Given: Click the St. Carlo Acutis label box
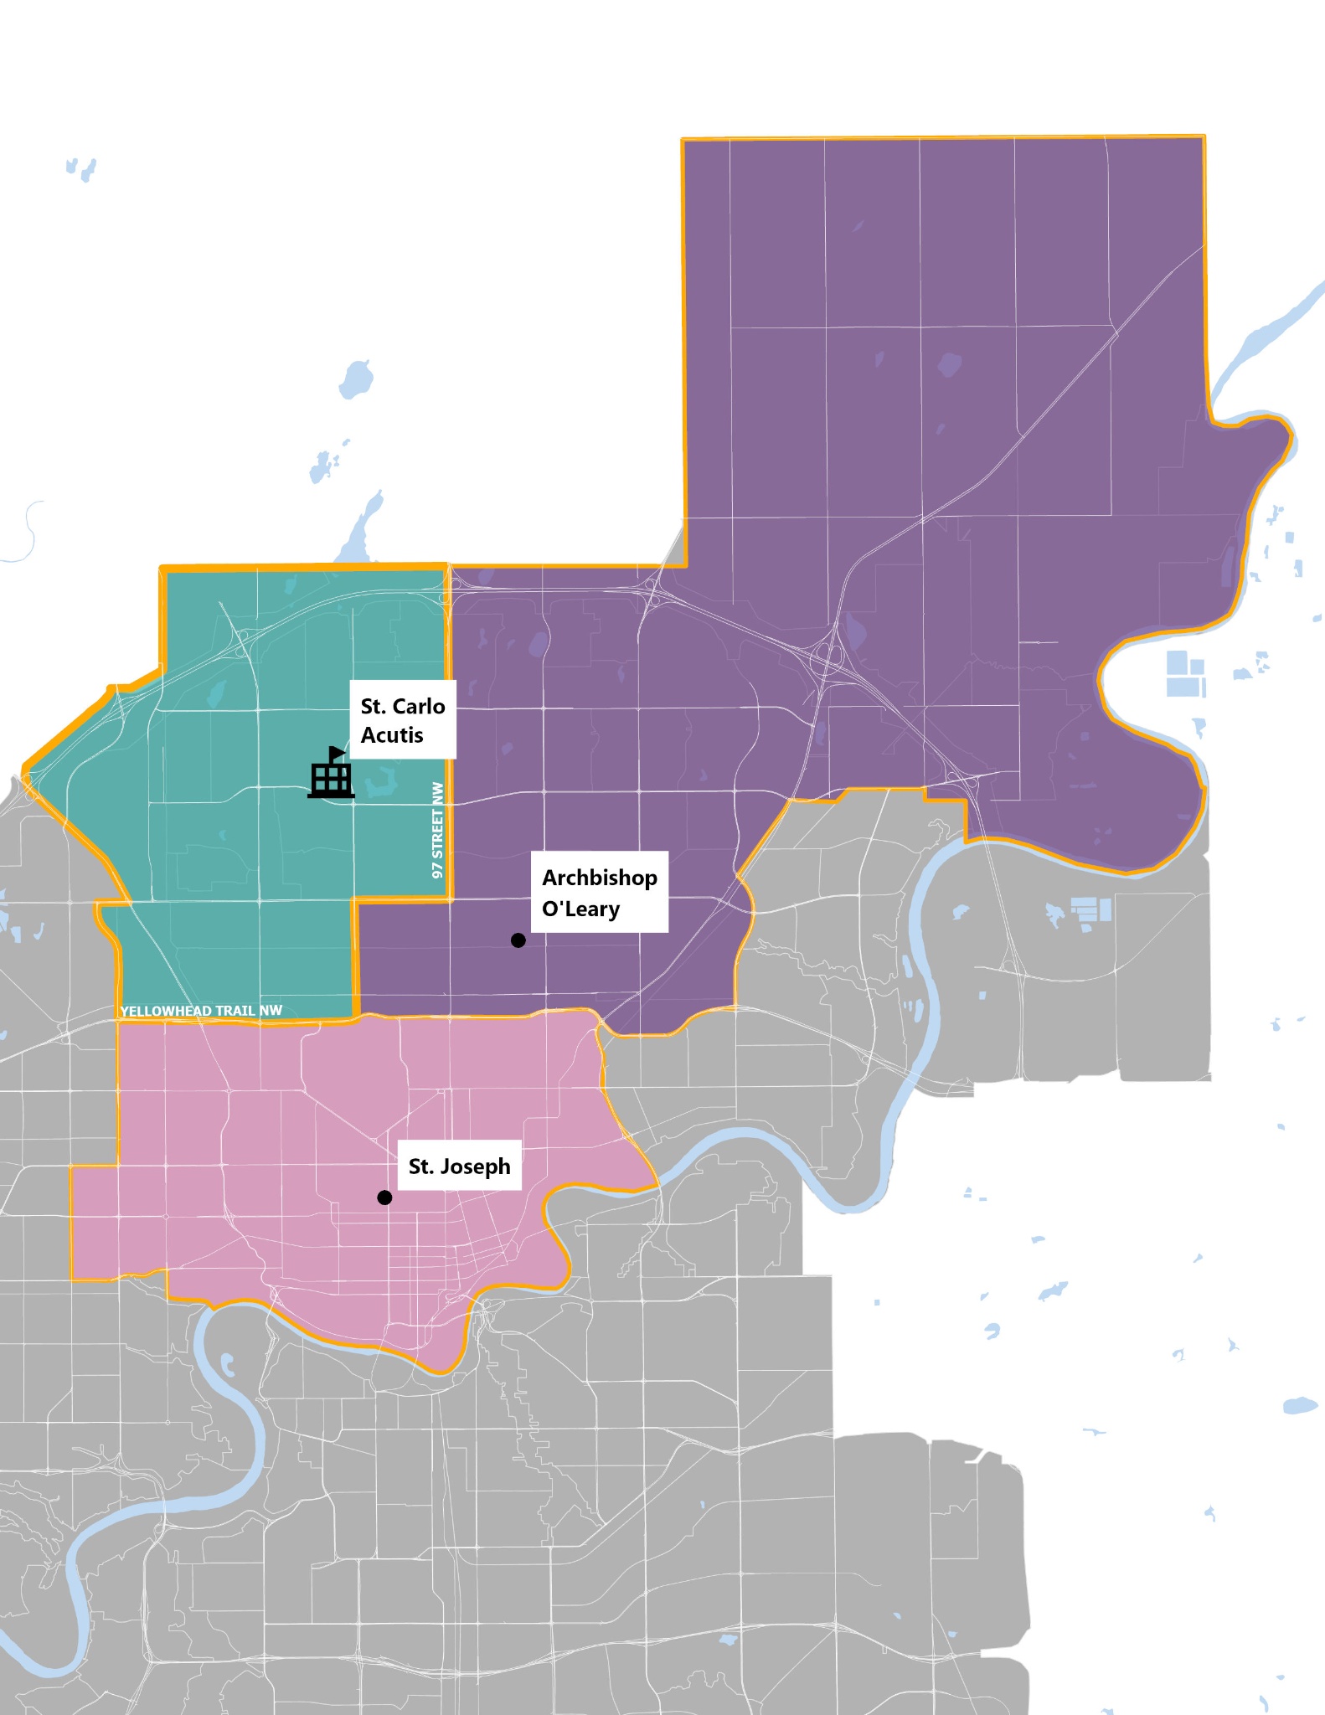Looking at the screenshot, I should pos(402,720).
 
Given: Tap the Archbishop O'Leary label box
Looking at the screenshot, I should pos(600,892).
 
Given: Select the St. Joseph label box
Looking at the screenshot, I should pos(459,1166).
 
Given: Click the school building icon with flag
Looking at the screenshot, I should pos(331,775).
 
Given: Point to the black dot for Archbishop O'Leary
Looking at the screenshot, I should pos(518,940).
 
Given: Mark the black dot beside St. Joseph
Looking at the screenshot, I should pos(384,1197).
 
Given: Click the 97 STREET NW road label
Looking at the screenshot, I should pos(437,830).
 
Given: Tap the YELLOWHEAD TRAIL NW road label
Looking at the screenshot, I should pos(201,1011).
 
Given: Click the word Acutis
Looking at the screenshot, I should pos(392,735).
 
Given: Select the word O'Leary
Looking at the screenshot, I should pos(580,909).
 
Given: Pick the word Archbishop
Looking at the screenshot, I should pos(600,878).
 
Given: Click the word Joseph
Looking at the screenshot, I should pos(475,1166).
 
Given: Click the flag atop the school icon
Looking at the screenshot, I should pos(337,752).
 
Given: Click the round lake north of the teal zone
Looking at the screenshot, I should pos(356,379).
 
